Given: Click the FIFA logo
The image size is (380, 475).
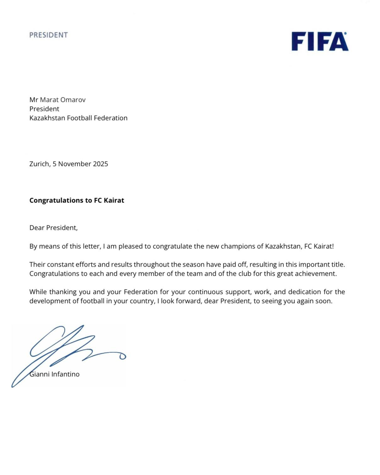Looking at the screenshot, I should tap(320, 41).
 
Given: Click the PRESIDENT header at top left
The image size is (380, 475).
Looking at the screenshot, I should tap(48, 35).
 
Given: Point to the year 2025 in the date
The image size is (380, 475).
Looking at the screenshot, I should tap(100, 164).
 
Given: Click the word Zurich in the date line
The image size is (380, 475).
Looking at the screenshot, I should tap(39, 164).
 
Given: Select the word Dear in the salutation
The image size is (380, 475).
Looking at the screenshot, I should tap(37, 228).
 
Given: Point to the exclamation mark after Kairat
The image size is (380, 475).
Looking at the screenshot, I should tap(333, 246).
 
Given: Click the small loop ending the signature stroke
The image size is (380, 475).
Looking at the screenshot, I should tap(123, 356).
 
